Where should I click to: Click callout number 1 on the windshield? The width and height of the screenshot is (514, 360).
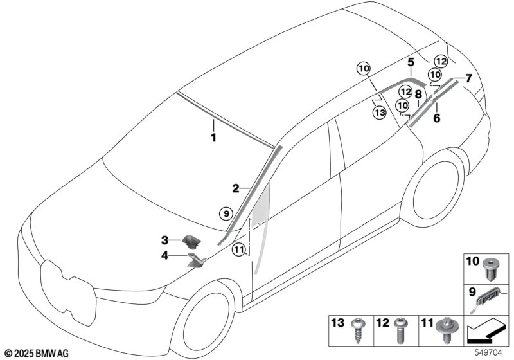coord(213,138)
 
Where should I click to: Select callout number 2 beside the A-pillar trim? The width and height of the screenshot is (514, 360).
coord(236,188)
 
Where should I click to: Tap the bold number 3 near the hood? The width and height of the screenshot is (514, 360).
coord(164,240)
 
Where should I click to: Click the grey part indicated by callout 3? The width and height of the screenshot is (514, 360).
coord(191,242)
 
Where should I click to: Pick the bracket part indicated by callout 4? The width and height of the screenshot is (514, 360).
coord(196,260)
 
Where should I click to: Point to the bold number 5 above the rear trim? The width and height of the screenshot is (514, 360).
coord(411,62)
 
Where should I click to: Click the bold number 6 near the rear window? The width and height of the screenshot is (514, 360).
coord(437,118)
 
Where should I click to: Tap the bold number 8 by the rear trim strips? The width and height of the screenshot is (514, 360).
coord(418,94)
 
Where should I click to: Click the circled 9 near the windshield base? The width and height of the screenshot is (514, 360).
coord(226,214)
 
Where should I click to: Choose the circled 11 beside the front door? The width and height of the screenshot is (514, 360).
coord(238,250)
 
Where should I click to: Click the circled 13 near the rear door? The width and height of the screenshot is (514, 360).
coord(379,113)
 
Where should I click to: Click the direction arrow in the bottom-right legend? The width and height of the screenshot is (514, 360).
coord(486,333)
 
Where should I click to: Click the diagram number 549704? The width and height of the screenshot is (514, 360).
coord(488,353)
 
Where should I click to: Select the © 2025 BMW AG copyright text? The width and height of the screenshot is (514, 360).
coord(37,354)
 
